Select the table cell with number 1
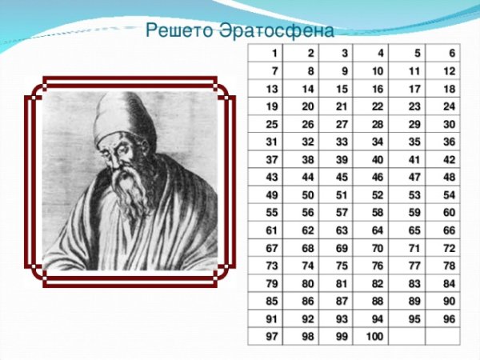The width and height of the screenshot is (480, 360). point(274,54)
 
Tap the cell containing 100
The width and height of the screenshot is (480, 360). point(372,337)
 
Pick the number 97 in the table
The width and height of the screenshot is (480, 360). point(272,336)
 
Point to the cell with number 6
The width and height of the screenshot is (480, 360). point(452,54)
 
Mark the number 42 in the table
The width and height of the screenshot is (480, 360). point(449,160)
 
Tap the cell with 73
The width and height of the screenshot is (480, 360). point(272,266)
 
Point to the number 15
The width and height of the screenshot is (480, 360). point(342,90)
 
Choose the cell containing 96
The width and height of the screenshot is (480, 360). point(449,319)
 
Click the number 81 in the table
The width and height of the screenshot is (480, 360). point(342,283)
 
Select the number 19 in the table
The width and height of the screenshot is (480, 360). point(272,107)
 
